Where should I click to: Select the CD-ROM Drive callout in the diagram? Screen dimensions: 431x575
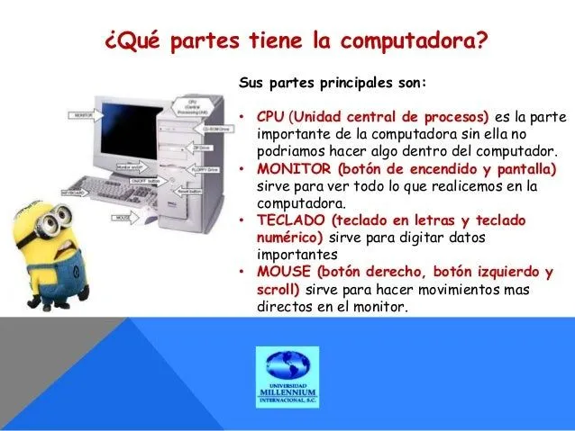(x=214, y=128)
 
